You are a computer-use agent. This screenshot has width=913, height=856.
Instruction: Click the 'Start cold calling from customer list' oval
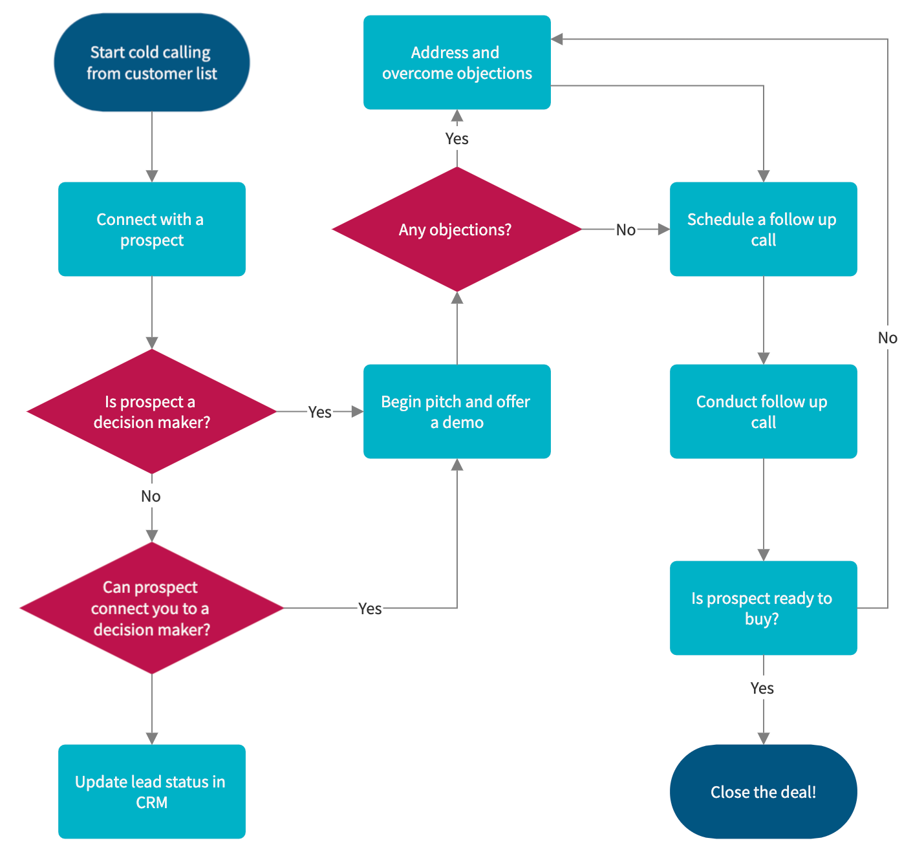coord(151,63)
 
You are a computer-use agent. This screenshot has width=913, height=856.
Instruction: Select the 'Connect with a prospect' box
coord(151,230)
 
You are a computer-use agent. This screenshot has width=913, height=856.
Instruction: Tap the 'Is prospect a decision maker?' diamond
coord(151,412)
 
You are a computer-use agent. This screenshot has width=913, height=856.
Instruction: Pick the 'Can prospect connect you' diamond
coord(151,608)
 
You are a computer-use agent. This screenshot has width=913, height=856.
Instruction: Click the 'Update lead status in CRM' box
coord(151,792)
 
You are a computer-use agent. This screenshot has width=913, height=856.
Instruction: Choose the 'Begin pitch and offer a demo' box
coord(456,412)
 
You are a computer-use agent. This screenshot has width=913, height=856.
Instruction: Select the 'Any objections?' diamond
coord(456,230)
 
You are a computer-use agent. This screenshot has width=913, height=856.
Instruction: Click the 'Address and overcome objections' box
coord(456,63)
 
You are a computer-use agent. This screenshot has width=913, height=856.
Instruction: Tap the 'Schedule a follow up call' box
coord(763,230)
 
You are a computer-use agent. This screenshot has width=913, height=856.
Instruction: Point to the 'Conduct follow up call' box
coord(763,412)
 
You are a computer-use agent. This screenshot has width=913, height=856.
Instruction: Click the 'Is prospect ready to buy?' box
coord(763,608)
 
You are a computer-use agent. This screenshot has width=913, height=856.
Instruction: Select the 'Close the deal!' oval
coord(763,792)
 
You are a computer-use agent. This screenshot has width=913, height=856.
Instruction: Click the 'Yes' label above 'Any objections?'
coord(456,138)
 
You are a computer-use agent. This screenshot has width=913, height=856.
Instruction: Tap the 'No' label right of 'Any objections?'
coord(625,230)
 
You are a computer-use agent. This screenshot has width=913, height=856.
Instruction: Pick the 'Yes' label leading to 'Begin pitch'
coord(319,412)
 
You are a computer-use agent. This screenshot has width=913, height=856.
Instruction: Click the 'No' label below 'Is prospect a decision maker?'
coord(151,496)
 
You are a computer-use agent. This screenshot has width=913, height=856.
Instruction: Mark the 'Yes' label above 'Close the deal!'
coord(762,688)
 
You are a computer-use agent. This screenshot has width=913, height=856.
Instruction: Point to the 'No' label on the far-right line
coord(887,337)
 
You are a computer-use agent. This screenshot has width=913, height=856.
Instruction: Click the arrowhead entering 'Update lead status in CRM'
coord(151,738)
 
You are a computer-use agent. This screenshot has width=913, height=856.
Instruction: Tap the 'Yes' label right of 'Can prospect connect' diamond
coord(370,608)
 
